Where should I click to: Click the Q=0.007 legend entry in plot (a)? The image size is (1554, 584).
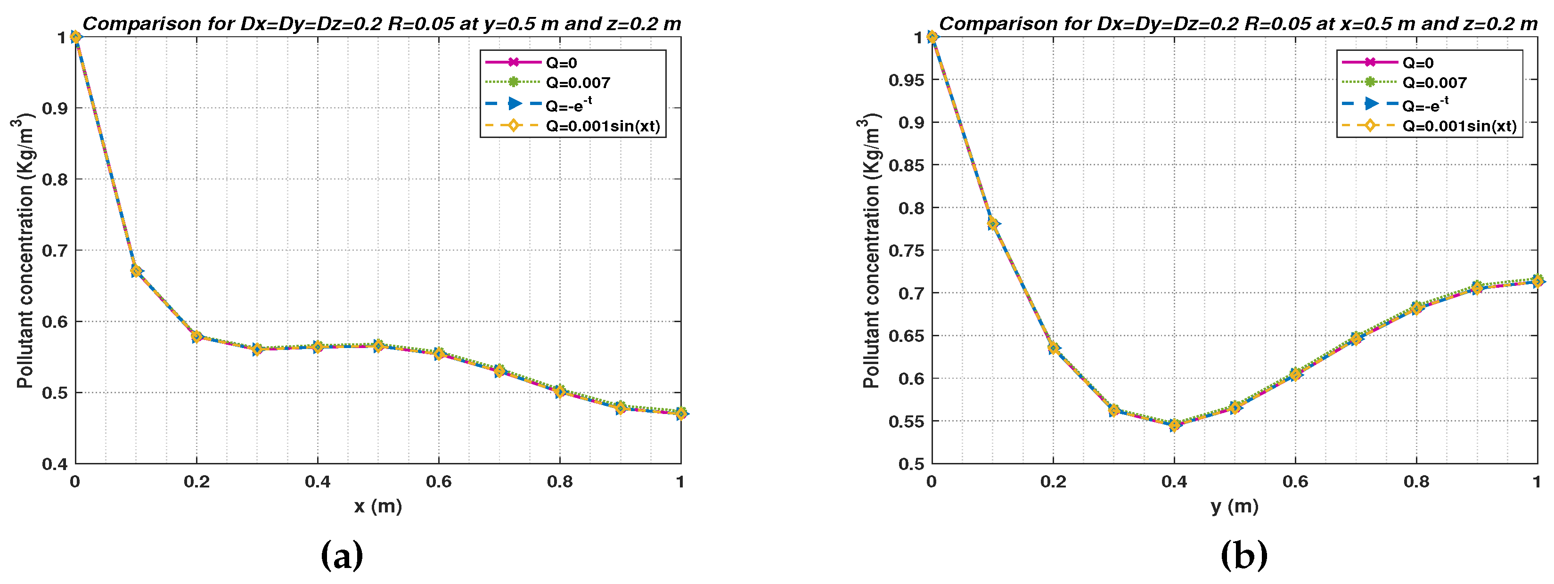(577, 82)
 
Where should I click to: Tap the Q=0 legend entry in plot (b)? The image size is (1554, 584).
(1418, 63)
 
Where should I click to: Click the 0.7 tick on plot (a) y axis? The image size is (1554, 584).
(54, 250)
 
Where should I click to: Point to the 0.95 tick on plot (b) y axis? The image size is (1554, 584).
(906, 80)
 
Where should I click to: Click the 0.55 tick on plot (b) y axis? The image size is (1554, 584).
(906, 421)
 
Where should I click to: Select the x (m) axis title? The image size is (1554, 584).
(377, 506)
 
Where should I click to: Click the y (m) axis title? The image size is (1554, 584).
(1234, 506)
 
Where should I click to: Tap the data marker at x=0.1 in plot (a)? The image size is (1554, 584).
(136, 271)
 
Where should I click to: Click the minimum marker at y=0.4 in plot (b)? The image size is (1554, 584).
(1174, 425)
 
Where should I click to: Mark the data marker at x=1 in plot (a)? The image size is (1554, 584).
(680, 414)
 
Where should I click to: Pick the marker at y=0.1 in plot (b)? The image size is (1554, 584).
(992, 224)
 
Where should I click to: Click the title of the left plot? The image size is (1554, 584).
(381, 24)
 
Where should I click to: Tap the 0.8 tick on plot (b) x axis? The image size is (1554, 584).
(1416, 481)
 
